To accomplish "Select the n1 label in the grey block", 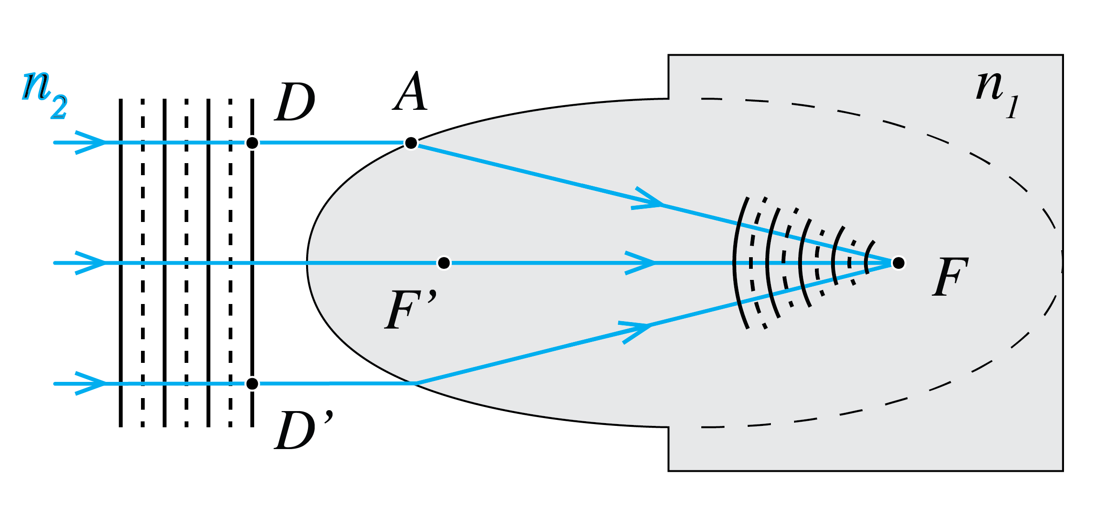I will click(997, 95).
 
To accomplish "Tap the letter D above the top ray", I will click(295, 102).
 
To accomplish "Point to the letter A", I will click(410, 92).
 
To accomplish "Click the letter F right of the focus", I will click(949, 277).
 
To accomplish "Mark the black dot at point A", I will click(410, 143).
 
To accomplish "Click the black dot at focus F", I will click(898, 263).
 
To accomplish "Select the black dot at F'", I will click(444, 263).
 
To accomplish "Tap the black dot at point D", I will click(252, 143).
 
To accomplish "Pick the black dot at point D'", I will click(252, 384).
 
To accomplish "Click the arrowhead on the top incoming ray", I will click(93, 142).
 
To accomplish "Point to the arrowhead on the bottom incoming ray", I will click(93, 384).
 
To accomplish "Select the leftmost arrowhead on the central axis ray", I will click(93, 263).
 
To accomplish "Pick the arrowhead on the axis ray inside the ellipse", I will click(642, 263).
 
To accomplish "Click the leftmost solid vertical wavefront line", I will click(121, 263).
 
